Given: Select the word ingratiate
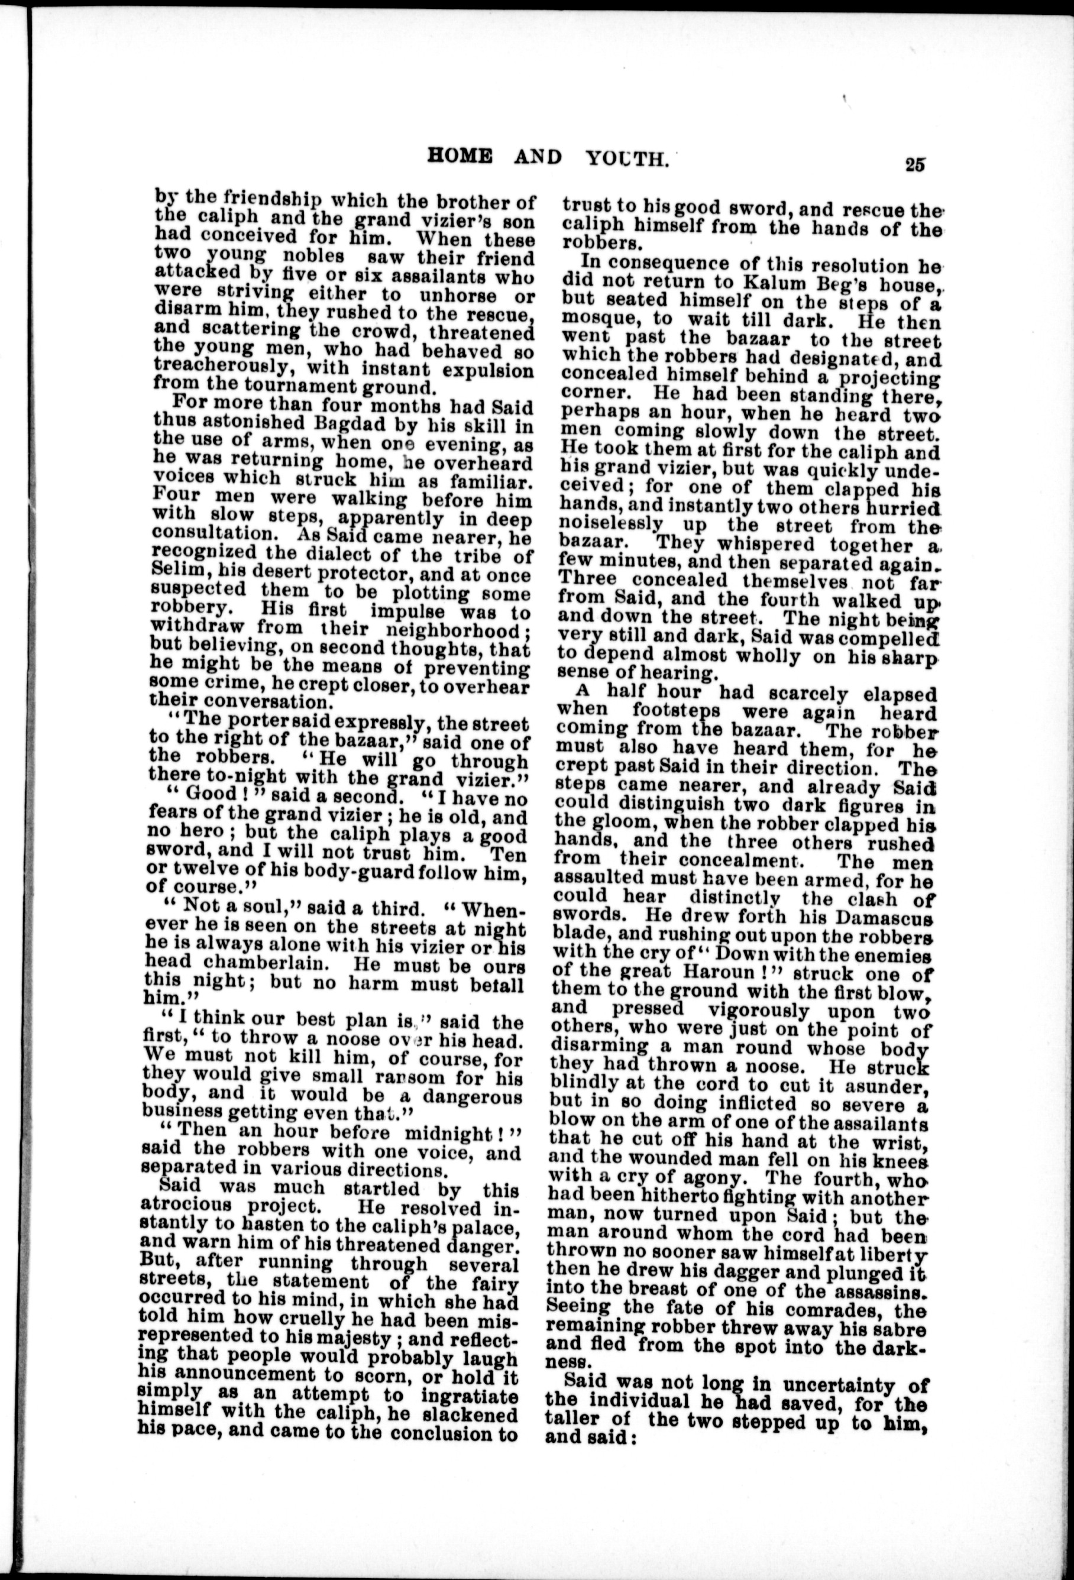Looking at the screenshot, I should [x=463, y=1394].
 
